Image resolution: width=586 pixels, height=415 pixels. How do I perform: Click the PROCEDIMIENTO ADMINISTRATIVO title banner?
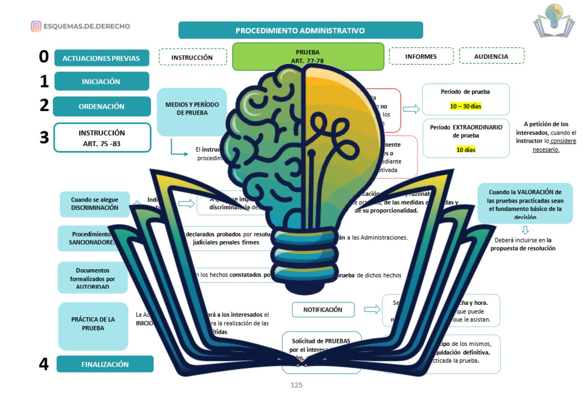click(300, 30)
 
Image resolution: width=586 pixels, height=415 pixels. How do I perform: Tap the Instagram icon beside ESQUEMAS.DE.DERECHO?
click(36, 26)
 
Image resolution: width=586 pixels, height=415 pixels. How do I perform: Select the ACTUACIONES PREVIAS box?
click(101, 58)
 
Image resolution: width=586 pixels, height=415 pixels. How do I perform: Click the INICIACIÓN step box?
click(101, 81)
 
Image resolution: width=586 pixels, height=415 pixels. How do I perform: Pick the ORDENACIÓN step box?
click(101, 106)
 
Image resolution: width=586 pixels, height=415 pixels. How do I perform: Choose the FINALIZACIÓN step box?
click(105, 364)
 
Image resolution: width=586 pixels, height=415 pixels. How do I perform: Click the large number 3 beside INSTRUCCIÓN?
click(44, 137)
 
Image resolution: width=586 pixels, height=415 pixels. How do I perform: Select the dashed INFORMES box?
click(421, 56)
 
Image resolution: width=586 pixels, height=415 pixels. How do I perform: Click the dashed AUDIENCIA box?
click(491, 56)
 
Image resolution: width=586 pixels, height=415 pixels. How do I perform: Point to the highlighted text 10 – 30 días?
click(466, 106)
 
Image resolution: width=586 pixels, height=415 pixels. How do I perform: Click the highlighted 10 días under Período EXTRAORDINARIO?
click(466, 150)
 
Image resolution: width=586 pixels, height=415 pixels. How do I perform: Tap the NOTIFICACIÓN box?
click(323, 310)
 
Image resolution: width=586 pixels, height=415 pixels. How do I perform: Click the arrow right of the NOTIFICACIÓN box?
click(372, 310)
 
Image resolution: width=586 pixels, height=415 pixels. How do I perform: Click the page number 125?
click(296, 385)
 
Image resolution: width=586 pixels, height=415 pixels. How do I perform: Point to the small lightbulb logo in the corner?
click(554, 21)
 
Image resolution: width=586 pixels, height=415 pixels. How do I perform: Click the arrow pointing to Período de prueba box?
click(411, 109)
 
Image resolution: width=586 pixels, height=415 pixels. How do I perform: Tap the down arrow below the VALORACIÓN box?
click(525, 230)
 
